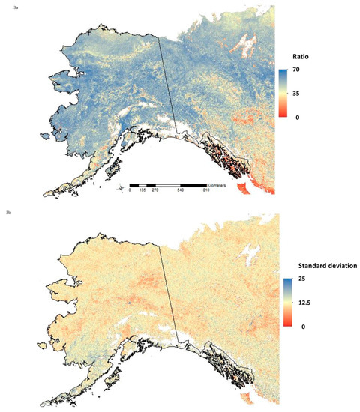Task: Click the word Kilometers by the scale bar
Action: click(220, 184)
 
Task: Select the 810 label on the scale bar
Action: click(205, 191)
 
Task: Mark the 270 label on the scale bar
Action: click(155, 191)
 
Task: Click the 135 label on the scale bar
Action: click(142, 191)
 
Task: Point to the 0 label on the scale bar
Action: click(130, 191)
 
